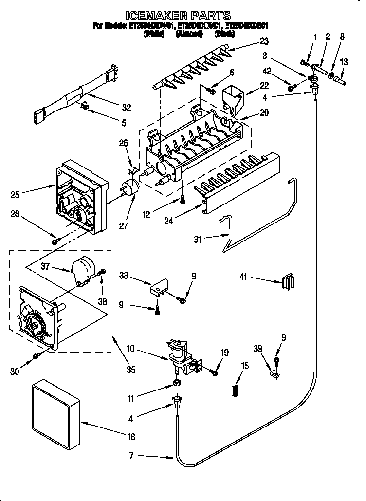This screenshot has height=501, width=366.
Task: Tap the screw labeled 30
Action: (x=36, y=356)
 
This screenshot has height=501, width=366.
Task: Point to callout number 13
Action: (x=344, y=62)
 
